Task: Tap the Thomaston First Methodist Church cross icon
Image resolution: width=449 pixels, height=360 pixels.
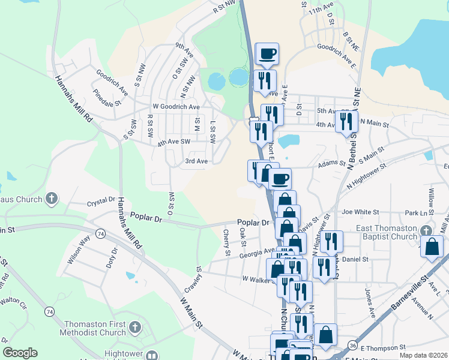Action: pos(135,328)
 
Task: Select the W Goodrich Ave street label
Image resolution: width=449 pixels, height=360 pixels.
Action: pos(176,106)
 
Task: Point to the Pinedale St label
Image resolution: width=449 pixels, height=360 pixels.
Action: pos(107,98)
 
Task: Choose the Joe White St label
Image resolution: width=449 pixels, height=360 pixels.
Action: pos(360,212)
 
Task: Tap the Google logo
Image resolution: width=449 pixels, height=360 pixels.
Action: pos(20,353)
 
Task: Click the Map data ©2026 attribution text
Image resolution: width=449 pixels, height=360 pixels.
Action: pos(423,355)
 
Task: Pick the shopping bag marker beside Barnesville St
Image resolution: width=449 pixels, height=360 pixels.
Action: pos(432,248)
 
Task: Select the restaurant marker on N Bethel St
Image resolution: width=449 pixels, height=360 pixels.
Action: pos(346,122)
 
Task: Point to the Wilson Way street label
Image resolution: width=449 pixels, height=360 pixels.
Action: pos(79,250)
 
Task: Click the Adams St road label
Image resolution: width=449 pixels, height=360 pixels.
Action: pos(329,163)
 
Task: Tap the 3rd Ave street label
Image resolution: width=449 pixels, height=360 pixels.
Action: pos(196,161)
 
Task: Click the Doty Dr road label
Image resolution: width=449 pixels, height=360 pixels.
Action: pos(112,258)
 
